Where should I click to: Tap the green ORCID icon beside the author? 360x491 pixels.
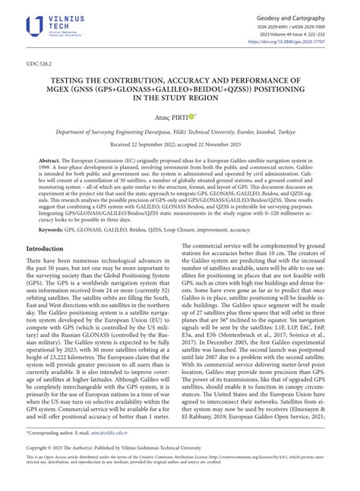(193, 116)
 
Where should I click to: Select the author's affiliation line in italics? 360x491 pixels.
(179, 131)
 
